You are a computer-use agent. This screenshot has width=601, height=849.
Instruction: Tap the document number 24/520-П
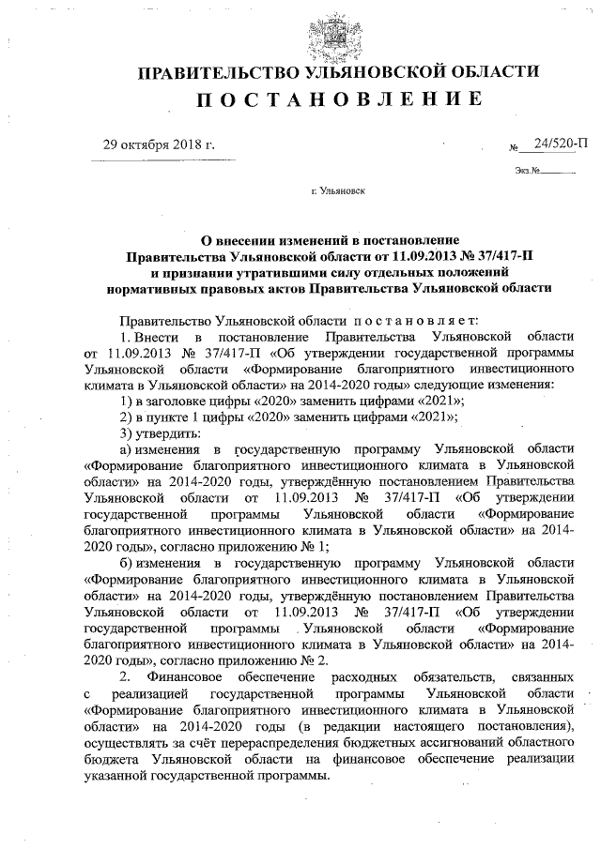click(561, 143)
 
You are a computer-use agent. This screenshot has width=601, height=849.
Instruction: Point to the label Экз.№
click(527, 171)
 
